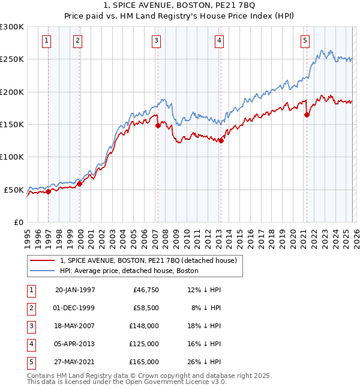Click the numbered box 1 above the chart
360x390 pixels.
pos(46,41)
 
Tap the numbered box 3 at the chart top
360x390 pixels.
pos(156,41)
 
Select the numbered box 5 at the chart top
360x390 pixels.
pos(305,41)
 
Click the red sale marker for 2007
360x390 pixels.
pos(158,126)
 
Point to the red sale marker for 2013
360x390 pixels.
pos(220,141)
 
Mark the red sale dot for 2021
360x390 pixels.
pos(307,115)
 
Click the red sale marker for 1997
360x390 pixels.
pos(49,191)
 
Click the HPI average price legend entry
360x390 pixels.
pos(129,271)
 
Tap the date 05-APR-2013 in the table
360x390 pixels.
pos(75,344)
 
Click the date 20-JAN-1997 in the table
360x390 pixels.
pos(75,290)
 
